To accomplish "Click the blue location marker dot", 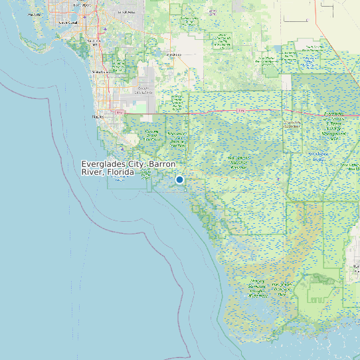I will click(x=179, y=179).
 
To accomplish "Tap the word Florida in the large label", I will click(x=121, y=172).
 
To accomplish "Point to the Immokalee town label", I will click(x=174, y=54).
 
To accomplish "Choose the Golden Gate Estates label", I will click(x=143, y=90).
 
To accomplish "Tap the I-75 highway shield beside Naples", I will click(x=120, y=112).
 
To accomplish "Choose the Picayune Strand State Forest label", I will click(x=153, y=135).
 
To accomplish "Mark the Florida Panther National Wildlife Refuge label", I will click(x=177, y=102).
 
